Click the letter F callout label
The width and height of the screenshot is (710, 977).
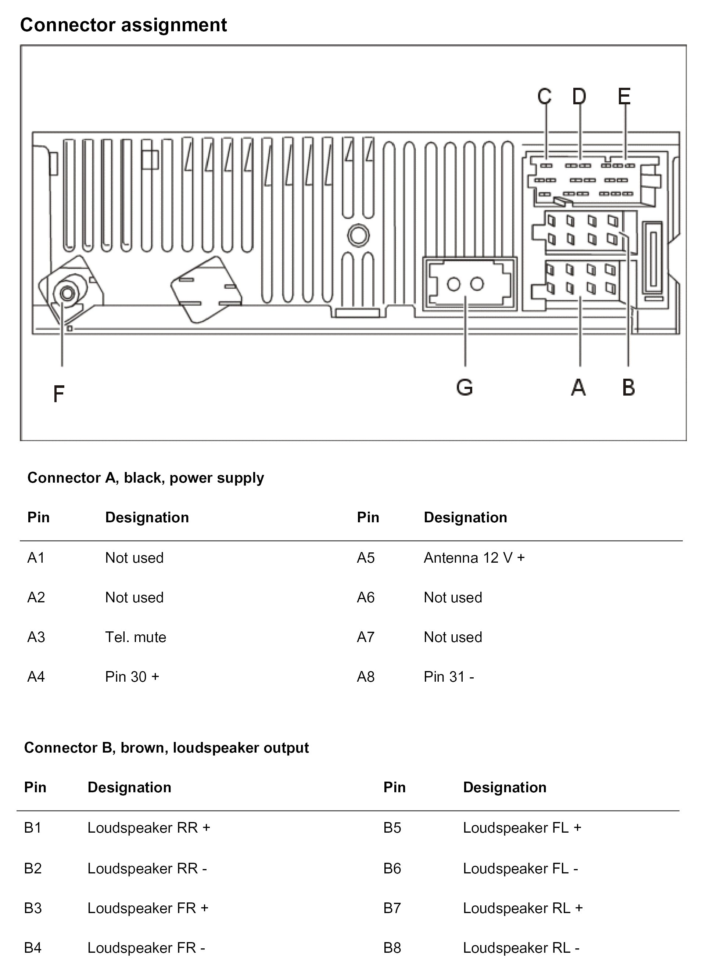click(x=59, y=394)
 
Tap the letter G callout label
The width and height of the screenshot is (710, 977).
click(x=465, y=387)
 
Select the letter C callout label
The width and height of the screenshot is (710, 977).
click(x=545, y=96)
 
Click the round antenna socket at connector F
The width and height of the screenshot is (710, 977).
click(x=67, y=293)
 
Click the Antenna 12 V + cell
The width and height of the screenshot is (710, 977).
click(x=474, y=558)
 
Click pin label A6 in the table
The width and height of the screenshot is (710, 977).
click(x=366, y=597)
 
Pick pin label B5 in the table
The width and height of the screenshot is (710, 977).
click(x=392, y=828)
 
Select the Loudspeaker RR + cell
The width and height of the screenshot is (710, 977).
click(x=149, y=828)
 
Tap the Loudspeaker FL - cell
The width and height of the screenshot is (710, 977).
click(x=520, y=868)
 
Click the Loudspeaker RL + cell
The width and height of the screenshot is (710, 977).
click(x=523, y=908)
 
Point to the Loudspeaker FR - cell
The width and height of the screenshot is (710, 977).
click(x=146, y=947)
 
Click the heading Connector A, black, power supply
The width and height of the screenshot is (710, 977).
click(x=146, y=478)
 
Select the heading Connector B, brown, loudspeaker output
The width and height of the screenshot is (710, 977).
click(x=166, y=747)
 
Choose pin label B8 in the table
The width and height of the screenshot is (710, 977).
click(x=392, y=947)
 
